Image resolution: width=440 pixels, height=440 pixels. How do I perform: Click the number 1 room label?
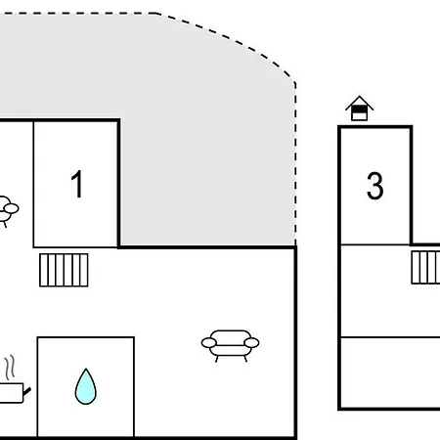coord(77,184)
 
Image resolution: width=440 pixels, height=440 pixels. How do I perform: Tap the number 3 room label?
coord(374,186)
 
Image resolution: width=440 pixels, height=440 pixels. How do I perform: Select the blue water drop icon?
coord(86,386)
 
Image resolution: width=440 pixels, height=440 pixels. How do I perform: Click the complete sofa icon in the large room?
coord(230,345)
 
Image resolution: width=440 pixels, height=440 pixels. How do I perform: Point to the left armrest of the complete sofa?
coord(209,343)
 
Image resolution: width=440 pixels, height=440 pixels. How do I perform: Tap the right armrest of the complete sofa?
coord(251,343)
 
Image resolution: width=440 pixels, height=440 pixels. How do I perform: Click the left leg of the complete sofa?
coord(216,359)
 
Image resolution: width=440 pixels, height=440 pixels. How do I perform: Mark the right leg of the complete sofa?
coord(245,359)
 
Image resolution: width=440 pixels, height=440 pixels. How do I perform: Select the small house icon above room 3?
coord(360,109)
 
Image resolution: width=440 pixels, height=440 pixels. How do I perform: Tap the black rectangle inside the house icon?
coord(360,110)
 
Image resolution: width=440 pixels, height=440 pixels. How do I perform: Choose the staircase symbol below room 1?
coord(64,270)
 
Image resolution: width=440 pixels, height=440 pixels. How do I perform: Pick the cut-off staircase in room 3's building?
coord(425,267)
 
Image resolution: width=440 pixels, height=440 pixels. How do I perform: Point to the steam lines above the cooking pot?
coord(10,367)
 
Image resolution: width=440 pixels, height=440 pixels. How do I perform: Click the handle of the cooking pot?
coord(26,391)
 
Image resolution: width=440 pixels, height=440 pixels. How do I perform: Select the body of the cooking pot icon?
coord(11,393)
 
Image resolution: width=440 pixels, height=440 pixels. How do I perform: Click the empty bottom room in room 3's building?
coord(390,373)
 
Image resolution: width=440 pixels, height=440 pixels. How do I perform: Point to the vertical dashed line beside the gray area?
coord(295,164)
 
